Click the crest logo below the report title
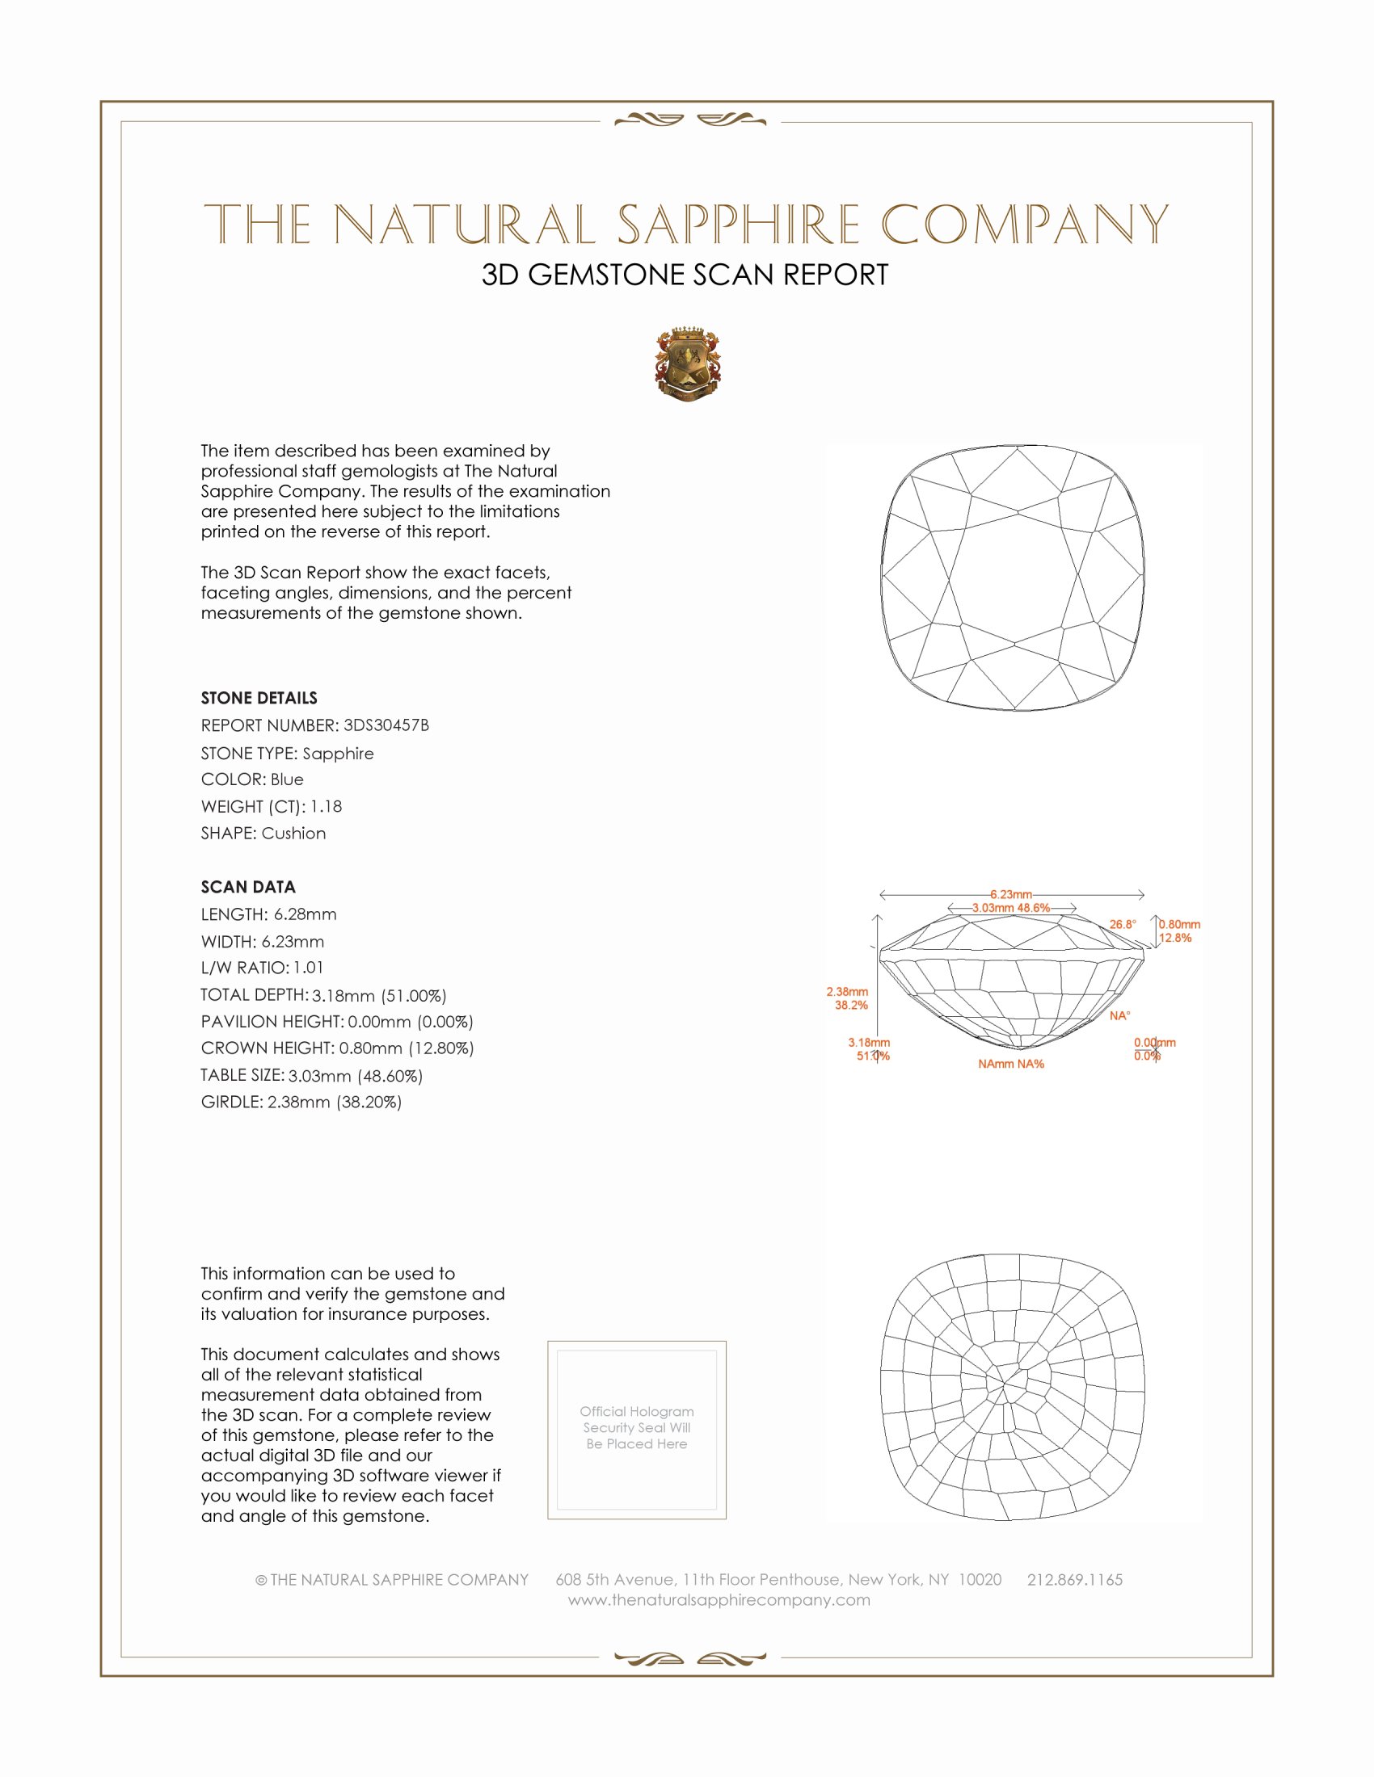pos(688,365)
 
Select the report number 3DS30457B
pos(386,725)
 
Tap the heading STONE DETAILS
pos(259,698)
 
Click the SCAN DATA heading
pos(248,887)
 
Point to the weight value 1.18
pos(326,806)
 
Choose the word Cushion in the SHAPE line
pos(294,834)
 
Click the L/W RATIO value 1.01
pos(309,968)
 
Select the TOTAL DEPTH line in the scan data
pos(323,995)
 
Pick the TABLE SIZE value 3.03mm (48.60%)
pos(355,1076)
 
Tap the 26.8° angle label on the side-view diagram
pos(1123,924)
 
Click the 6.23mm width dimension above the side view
pos(1011,894)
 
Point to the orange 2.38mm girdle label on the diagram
pos(847,992)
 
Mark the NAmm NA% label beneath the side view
pos(1011,1065)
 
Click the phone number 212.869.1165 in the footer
pos(1074,1580)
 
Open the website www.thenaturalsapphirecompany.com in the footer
pos(719,1600)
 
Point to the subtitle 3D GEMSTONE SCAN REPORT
pos(685,275)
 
